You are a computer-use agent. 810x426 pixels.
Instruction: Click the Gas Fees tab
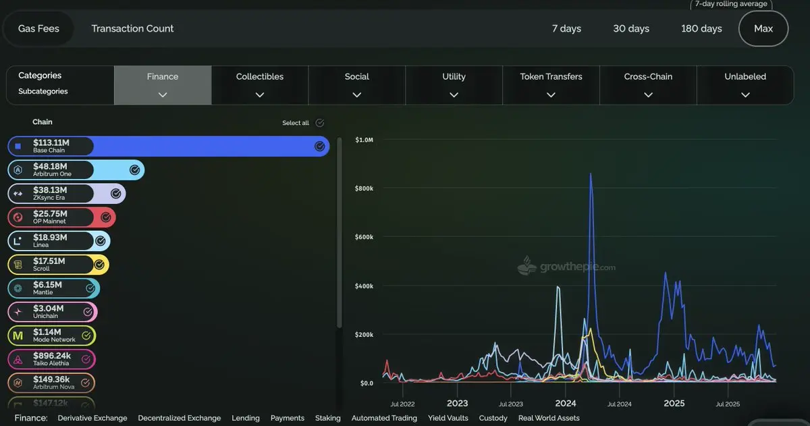38,28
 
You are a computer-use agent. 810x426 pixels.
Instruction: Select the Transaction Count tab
132,28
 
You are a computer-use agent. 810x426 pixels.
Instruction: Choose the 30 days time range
631,28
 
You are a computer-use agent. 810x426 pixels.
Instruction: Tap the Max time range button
763,28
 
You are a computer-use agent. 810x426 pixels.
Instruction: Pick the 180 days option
701,28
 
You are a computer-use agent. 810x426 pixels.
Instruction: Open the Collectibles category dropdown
260,85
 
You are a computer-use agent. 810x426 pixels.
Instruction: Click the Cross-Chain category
648,85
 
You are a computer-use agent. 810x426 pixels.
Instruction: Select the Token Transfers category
551,85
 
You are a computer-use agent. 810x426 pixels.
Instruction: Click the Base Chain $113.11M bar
169,147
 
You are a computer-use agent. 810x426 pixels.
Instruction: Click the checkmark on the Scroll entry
99,265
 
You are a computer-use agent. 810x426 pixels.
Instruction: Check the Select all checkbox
320,123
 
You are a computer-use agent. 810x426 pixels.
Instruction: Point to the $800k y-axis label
364,188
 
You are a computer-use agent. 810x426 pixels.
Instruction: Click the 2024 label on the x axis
566,404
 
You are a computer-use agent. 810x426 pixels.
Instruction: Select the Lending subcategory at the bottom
246,418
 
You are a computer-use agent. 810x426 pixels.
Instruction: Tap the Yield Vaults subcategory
448,418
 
